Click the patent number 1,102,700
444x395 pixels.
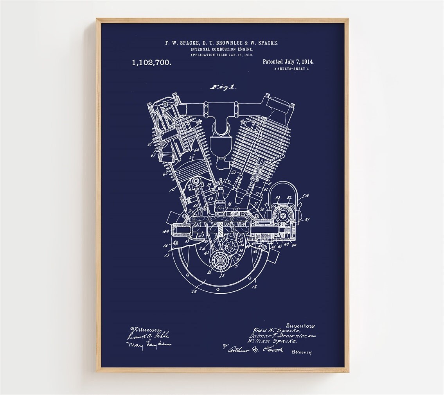(x=151, y=62)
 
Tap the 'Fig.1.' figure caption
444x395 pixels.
(x=223, y=87)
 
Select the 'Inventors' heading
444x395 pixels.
(x=300, y=325)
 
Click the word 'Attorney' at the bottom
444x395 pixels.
(x=302, y=352)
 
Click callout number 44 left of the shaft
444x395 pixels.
(x=165, y=232)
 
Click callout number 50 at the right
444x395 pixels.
(x=294, y=245)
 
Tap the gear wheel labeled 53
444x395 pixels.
(x=280, y=214)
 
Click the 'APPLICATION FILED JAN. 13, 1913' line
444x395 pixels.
(x=221, y=55)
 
